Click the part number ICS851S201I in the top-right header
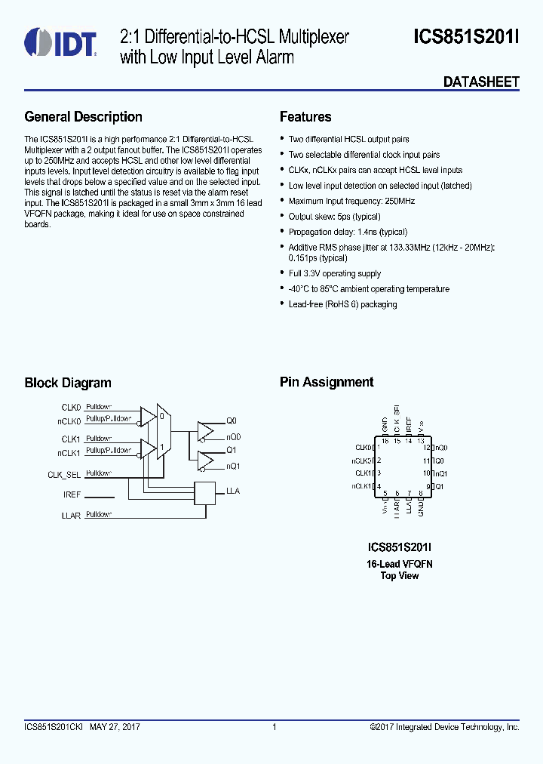[x=466, y=37]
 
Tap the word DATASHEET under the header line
[x=480, y=82]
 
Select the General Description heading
[x=83, y=117]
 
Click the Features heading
[x=305, y=117]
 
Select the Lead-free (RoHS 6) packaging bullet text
[x=342, y=304]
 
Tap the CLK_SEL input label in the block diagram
[x=64, y=475]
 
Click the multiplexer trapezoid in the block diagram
[x=161, y=433]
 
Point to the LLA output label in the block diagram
[x=233, y=491]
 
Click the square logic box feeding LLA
[x=204, y=492]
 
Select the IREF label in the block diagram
[x=72, y=496]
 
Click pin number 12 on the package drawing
[x=426, y=448]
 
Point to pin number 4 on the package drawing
[x=379, y=486]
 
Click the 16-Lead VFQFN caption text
[x=399, y=564]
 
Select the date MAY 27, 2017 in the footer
[x=115, y=727]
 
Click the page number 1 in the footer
[x=274, y=727]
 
